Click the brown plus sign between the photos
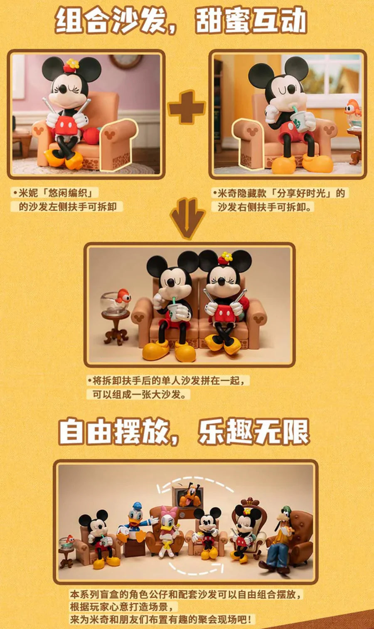187,107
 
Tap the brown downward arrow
188,218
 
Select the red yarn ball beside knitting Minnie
92,135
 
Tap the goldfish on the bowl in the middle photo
123,296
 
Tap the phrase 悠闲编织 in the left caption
70,193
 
